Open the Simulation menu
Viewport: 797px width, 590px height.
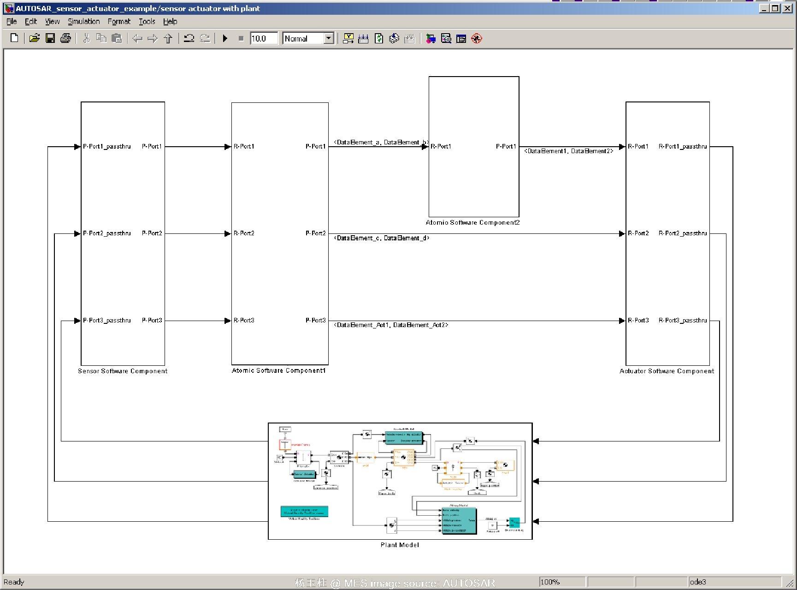pyautogui.click(x=83, y=21)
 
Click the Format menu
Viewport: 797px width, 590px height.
pyautogui.click(x=119, y=21)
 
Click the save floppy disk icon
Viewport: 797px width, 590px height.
pyautogui.click(x=50, y=39)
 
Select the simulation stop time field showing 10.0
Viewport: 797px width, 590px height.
pyautogui.click(x=263, y=39)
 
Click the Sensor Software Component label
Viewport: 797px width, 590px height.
pyautogui.click(x=123, y=371)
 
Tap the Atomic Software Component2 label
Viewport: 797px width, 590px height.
pyautogui.click(x=473, y=222)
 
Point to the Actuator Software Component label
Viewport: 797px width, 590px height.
pyautogui.click(x=667, y=371)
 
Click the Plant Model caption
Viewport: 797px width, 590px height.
pyautogui.click(x=400, y=545)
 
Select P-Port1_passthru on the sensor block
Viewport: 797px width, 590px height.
pyautogui.click(x=107, y=146)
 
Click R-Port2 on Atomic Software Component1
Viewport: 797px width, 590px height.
pyautogui.click(x=244, y=233)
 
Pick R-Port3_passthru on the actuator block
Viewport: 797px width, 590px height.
pyautogui.click(x=683, y=320)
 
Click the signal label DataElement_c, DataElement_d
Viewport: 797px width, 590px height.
pyautogui.click(x=382, y=238)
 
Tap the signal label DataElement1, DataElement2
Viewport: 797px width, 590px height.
pyautogui.click(x=569, y=151)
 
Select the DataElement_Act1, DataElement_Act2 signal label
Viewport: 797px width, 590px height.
pyautogui.click(x=391, y=325)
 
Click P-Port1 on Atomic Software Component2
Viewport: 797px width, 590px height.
pyautogui.click(x=506, y=146)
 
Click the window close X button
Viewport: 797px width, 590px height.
pyautogui.click(x=787, y=8)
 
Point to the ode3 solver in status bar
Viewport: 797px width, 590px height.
pyautogui.click(x=698, y=582)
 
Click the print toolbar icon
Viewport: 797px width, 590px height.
pyautogui.click(x=65, y=39)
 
